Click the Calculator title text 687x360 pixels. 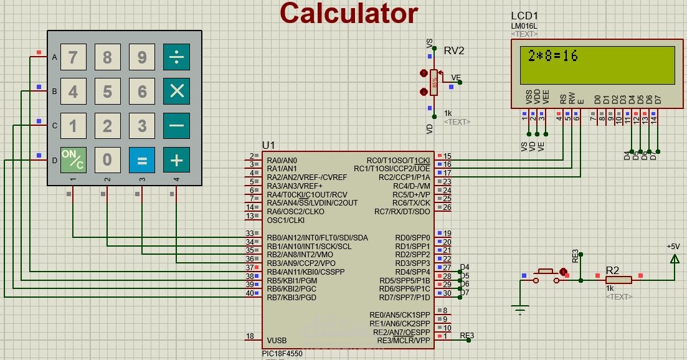pos(348,13)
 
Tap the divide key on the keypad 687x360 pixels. pos(176,57)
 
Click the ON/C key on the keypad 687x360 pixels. pos(73,160)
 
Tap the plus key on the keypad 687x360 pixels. pos(176,160)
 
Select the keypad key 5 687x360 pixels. pos(107,92)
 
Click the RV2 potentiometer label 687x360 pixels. pos(454,50)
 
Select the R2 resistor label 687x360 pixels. pos(613,270)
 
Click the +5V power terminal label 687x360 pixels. pos(673,247)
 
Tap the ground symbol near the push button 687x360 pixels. pos(520,309)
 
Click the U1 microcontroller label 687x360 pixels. pos(268,145)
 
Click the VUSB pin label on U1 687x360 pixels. pos(277,340)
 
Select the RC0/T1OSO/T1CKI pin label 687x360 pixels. pos(398,160)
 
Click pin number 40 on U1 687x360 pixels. pos(250,293)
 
